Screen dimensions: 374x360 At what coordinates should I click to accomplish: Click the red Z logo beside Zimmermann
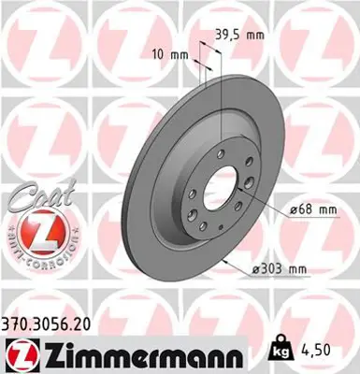tap(20, 352)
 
